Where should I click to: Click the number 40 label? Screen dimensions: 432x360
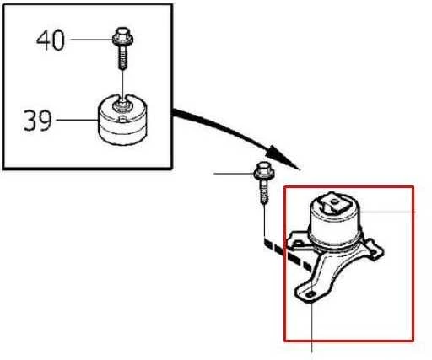point(51,40)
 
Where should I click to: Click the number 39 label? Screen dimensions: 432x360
point(38,121)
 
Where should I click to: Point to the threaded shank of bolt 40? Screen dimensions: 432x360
point(122,57)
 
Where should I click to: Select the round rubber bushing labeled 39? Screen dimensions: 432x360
point(122,120)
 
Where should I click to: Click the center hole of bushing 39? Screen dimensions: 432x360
point(121,105)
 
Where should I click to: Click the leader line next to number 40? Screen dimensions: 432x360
point(92,40)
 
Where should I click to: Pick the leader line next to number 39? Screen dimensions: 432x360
point(78,120)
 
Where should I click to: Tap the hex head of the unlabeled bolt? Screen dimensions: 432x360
point(264,170)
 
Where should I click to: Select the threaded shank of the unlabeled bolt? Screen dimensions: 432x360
point(264,192)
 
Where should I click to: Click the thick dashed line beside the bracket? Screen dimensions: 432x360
point(288,254)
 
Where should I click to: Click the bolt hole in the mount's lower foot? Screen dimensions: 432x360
point(310,294)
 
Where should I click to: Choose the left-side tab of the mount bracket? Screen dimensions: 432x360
point(299,239)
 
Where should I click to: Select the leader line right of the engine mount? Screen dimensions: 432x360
point(387,212)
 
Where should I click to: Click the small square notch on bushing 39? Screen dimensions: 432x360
point(122,119)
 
